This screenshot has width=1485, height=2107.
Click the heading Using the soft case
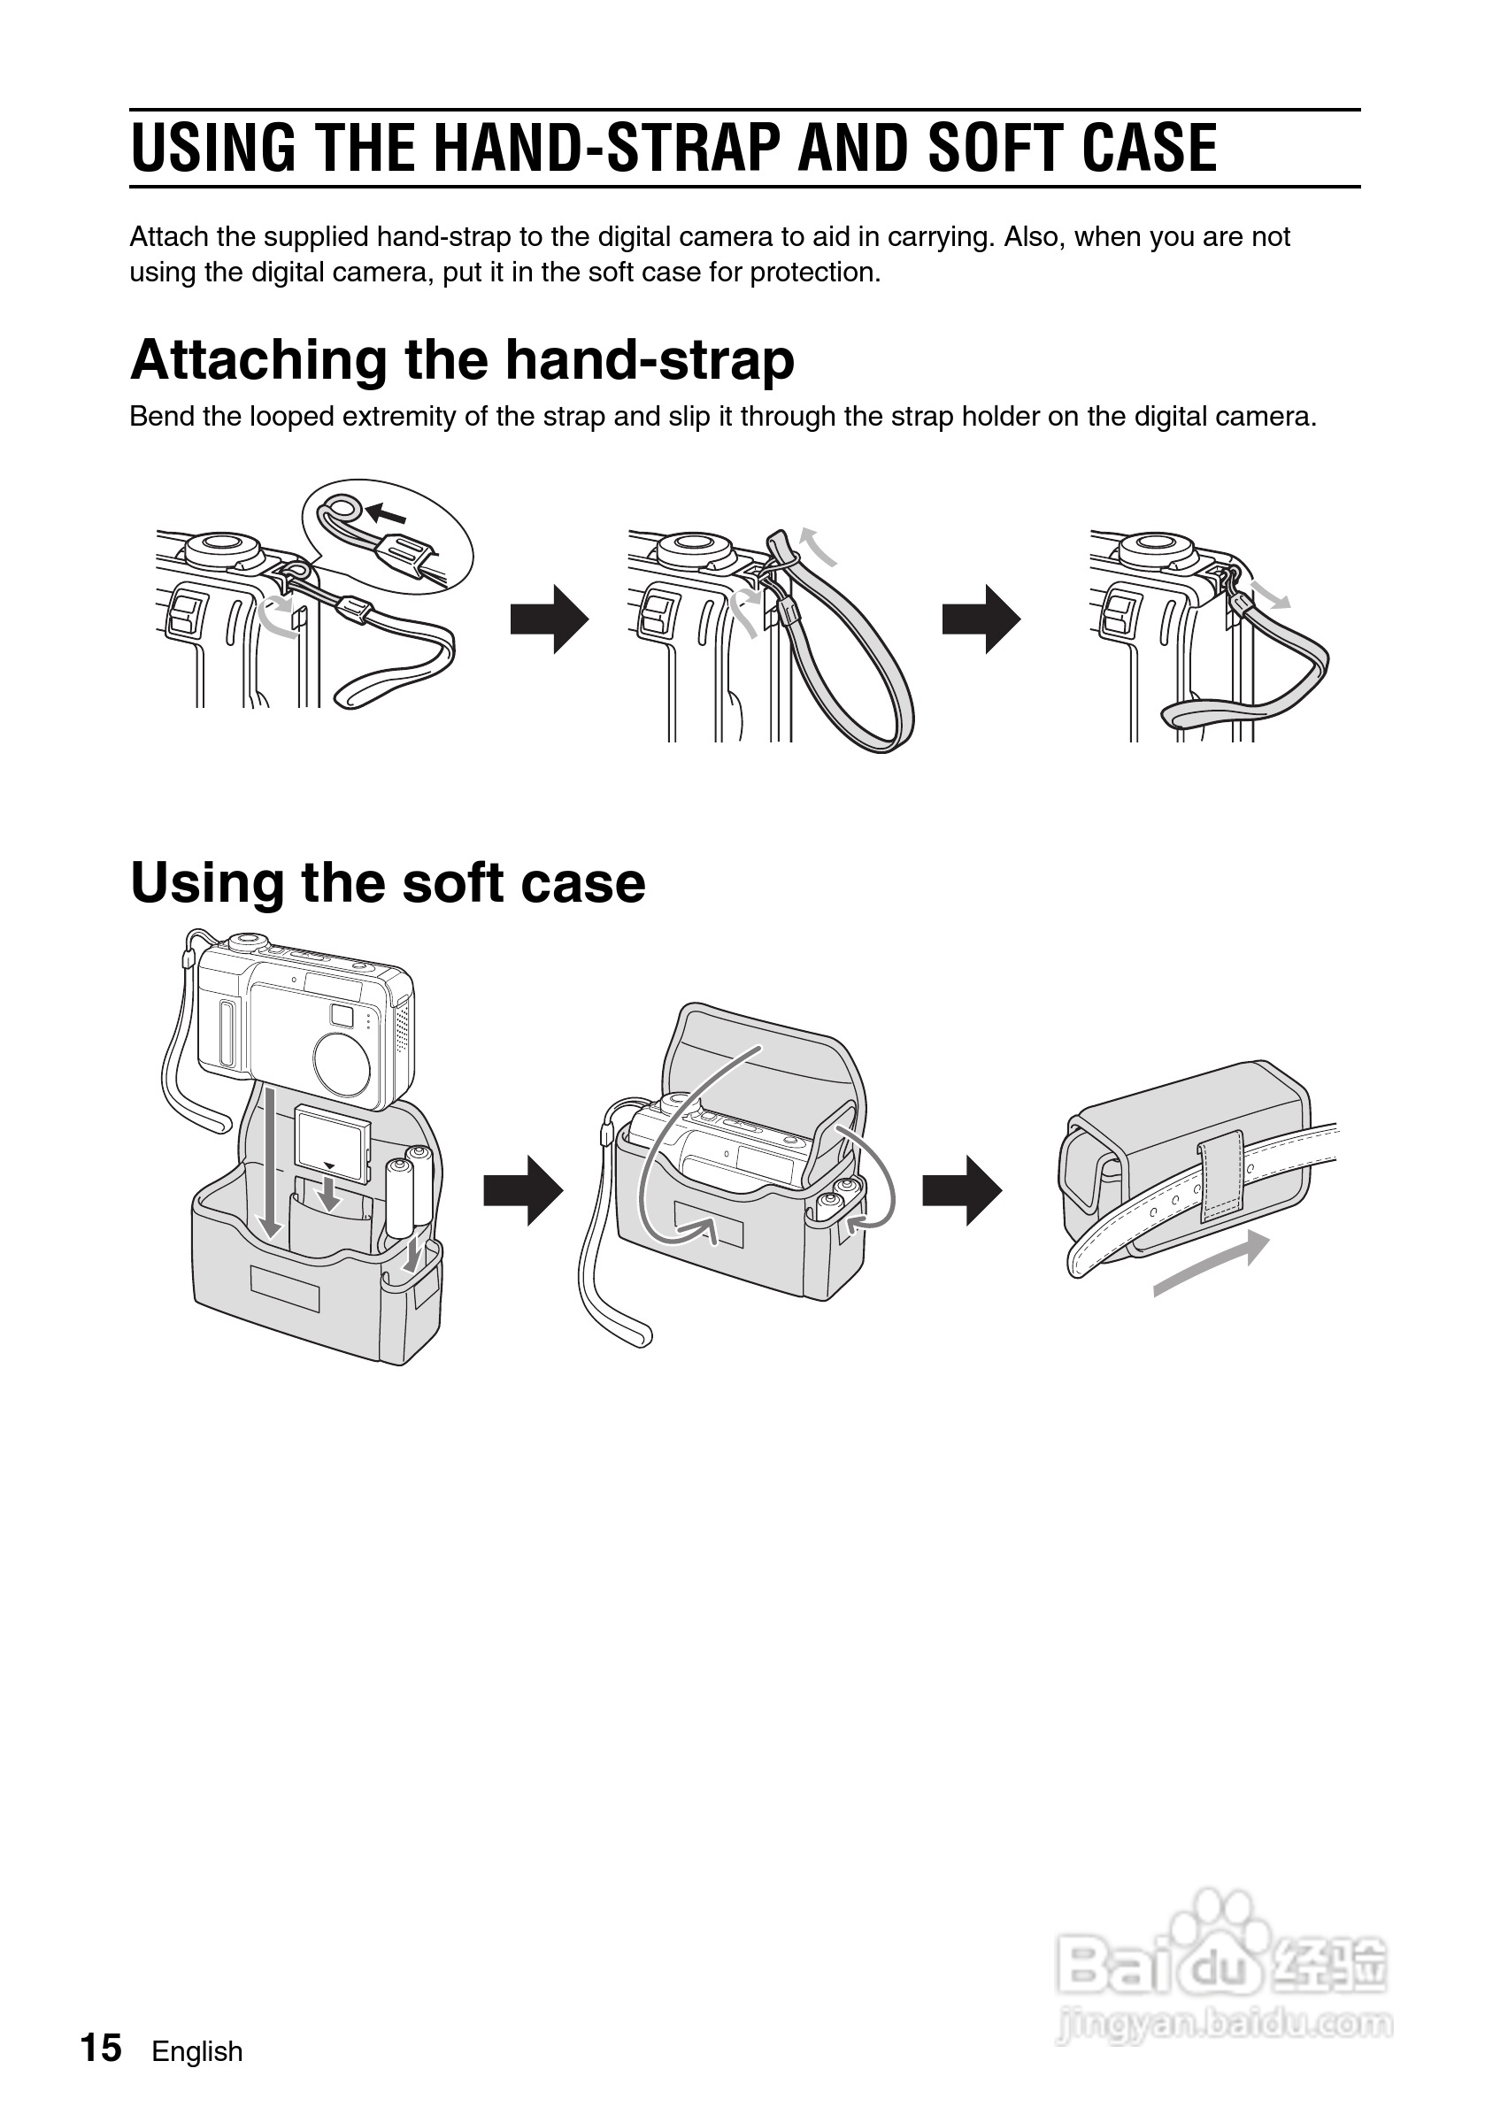tap(389, 883)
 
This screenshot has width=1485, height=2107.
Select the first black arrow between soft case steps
tap(523, 1191)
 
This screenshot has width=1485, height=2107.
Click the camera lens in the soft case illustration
tap(342, 1061)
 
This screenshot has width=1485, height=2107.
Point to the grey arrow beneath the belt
tap(1212, 1264)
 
